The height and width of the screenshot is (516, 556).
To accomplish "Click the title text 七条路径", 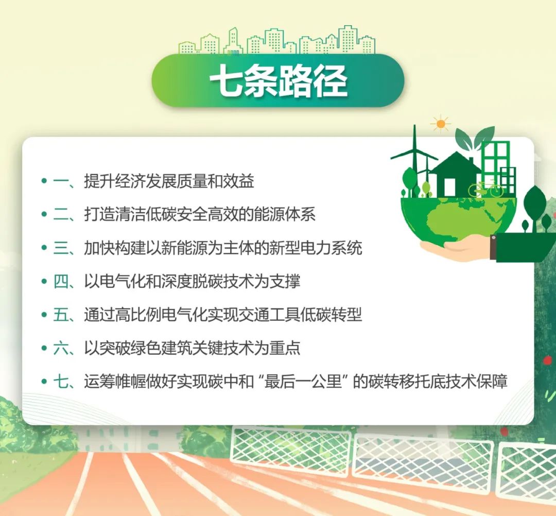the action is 279,81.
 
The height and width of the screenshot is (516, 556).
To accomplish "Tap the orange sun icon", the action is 441,124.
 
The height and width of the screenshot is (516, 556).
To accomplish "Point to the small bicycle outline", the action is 485,189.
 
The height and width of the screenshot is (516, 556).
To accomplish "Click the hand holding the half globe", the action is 458,247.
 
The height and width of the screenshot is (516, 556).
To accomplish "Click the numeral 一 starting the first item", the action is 60,181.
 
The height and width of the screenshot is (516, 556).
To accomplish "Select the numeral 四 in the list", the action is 60,281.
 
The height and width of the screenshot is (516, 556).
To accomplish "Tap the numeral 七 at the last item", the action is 60,382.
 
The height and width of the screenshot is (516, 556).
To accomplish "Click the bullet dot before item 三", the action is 44,248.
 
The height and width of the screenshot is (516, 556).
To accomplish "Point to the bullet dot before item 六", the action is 44,348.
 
